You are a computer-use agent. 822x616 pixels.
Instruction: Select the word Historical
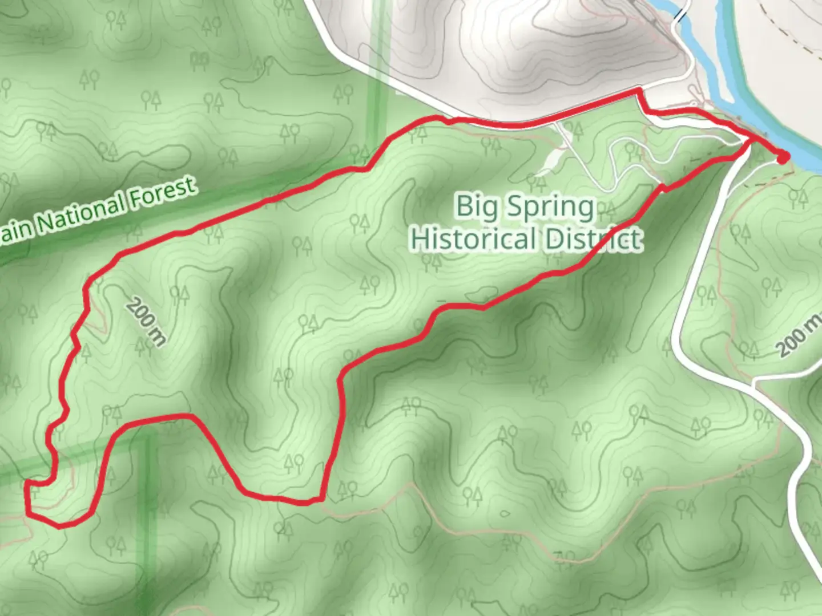[x=473, y=239]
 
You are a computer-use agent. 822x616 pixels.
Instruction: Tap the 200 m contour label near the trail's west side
[x=146, y=321]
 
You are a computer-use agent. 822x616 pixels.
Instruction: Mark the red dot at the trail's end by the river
[x=783, y=156]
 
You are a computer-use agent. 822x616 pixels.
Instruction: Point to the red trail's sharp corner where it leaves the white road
[x=639, y=91]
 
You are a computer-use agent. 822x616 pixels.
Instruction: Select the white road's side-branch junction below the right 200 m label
[x=755, y=381]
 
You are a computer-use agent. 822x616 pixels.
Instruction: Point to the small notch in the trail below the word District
[x=663, y=188]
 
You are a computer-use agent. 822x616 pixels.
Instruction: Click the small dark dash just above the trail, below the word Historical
[x=441, y=300]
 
